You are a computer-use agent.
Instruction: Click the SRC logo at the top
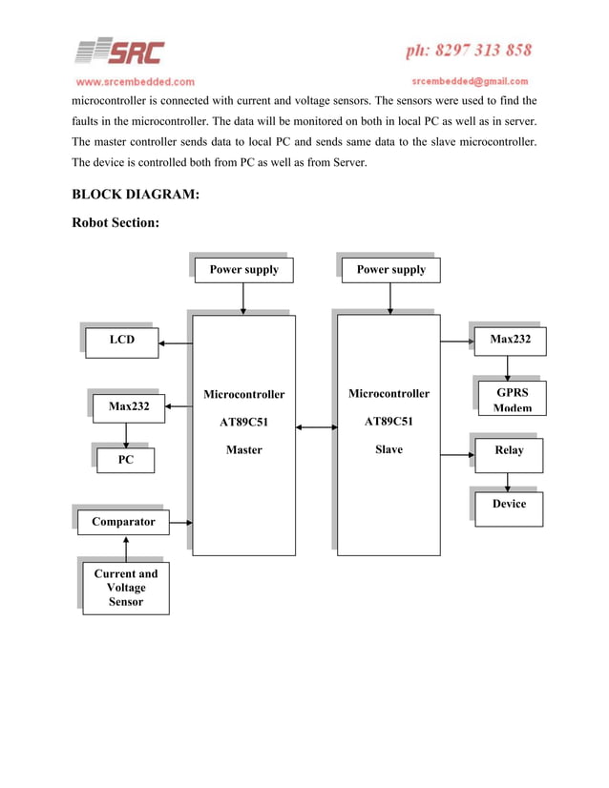point(120,52)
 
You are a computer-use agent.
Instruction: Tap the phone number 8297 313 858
point(468,50)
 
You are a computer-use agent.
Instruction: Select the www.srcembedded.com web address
point(135,81)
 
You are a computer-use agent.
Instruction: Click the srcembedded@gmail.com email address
point(470,81)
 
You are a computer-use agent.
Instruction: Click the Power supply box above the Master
point(243,270)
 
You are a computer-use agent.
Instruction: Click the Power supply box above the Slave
point(390,270)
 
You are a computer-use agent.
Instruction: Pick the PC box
point(125,461)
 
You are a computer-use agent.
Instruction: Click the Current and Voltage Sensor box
point(126,588)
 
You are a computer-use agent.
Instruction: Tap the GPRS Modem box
point(512,399)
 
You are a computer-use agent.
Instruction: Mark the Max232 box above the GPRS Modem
point(510,340)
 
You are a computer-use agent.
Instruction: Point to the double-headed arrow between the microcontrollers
point(316,426)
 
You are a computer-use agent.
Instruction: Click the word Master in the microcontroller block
point(243,450)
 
